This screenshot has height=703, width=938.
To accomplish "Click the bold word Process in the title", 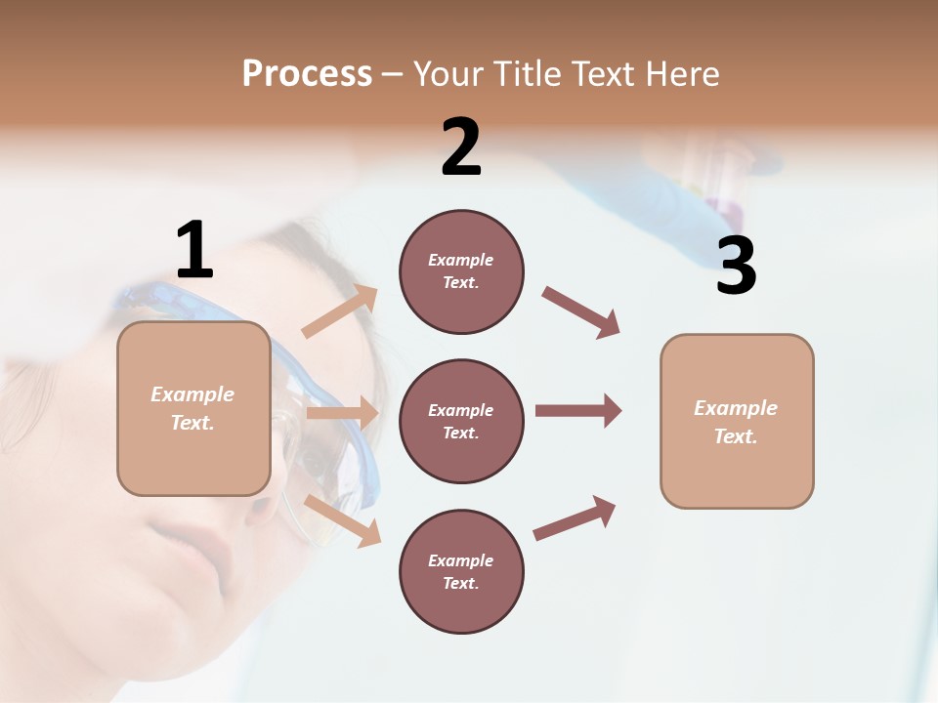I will pos(307,73).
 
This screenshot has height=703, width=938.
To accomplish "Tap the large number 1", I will pos(194,251).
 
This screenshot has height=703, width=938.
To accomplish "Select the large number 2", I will pos(461,147).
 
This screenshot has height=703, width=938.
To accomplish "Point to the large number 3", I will pos(736,267).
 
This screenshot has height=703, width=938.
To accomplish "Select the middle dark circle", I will pos(461,421).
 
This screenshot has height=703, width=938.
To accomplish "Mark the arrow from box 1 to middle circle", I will pos(342,413).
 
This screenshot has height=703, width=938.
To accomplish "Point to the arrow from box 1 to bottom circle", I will pos(342,520).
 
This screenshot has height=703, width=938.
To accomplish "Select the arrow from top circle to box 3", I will pos(581,312).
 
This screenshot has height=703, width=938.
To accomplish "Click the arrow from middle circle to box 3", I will pos(578,410).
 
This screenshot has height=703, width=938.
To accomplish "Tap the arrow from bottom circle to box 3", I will pos(575,518).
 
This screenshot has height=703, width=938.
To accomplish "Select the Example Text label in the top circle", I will pos(461,271).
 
